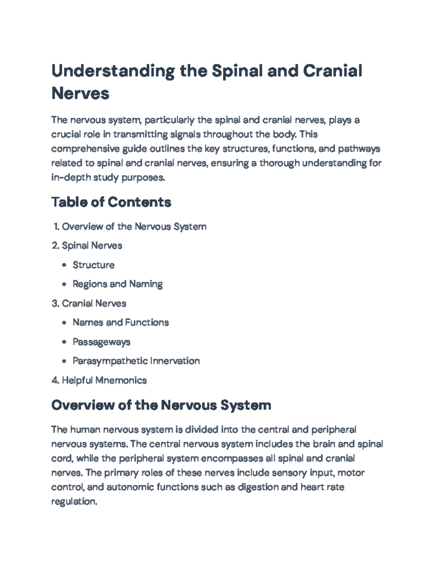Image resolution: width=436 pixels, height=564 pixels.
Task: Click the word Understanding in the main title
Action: point(113,71)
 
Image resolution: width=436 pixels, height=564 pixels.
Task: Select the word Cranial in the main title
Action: point(332,70)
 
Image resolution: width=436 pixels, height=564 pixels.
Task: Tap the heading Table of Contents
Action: point(111,202)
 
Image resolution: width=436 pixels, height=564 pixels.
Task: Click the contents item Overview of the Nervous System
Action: point(134,227)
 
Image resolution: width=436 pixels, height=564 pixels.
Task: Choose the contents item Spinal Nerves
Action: point(92,246)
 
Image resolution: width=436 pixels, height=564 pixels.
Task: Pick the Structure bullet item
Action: point(93,265)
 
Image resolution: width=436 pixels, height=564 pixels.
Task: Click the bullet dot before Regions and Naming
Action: point(64,284)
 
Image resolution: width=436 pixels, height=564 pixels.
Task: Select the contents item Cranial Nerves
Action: point(94,303)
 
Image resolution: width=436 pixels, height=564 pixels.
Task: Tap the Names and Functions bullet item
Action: point(121,322)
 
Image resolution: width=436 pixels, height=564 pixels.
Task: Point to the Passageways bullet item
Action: point(101,342)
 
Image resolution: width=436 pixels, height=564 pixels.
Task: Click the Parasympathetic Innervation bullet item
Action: point(136,361)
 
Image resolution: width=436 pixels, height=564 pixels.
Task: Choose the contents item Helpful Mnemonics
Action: point(104,380)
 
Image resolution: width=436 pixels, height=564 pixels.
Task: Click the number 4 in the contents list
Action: point(54,380)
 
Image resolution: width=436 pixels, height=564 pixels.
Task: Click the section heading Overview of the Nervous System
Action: point(161,405)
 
